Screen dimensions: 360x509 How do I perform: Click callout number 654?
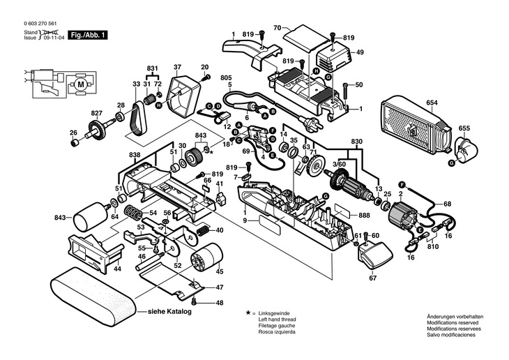[x=432, y=103]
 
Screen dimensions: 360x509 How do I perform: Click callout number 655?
[x=464, y=128]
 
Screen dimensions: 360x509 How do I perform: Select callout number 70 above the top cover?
[x=277, y=27]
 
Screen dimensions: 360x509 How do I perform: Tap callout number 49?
[x=360, y=52]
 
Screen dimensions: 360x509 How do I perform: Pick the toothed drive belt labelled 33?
[x=136, y=119]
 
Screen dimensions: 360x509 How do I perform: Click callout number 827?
[x=96, y=112]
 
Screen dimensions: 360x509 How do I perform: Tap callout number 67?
[x=372, y=278]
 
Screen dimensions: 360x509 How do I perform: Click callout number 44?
[x=118, y=269]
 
